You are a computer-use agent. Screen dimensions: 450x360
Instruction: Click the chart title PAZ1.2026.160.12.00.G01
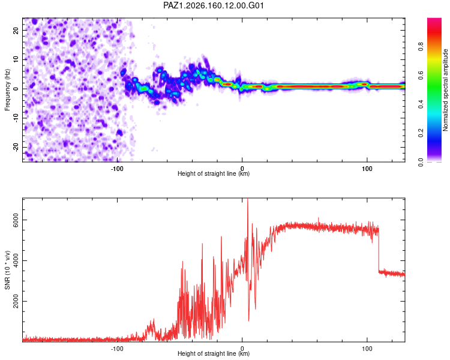coord(214,5)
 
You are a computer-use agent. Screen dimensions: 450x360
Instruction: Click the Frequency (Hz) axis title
coord(7,90)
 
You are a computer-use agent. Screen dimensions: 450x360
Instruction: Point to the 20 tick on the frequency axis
coord(16,31)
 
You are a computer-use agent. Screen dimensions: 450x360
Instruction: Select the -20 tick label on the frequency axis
coord(16,147)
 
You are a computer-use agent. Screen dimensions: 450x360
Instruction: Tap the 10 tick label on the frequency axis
coord(16,59)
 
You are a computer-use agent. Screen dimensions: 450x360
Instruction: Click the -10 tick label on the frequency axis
coord(16,118)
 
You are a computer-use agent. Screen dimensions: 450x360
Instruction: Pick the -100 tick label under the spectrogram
coord(117,169)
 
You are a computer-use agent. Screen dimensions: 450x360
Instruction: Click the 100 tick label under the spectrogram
coord(367,169)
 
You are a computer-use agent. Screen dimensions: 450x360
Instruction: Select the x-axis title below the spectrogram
coord(214,173)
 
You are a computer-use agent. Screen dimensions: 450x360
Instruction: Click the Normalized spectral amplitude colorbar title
coord(445,90)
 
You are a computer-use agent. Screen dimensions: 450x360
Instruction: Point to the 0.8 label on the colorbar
coord(421,47)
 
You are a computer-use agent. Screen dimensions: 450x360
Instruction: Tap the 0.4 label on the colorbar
coord(421,104)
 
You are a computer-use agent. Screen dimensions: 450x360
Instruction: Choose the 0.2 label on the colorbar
coord(421,133)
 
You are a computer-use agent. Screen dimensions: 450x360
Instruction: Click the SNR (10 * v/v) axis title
coord(7,270)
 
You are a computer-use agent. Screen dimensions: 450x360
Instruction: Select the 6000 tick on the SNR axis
coord(16,220)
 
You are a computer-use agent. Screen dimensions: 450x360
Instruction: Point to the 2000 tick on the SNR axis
coord(16,301)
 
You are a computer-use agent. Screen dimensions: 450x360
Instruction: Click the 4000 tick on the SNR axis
coord(16,260)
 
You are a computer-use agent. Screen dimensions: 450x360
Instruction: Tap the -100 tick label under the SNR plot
coord(117,349)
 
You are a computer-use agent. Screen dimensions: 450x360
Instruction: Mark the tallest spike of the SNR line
coord(248,199)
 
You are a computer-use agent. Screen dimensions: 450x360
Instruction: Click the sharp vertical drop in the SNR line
coord(379,249)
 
